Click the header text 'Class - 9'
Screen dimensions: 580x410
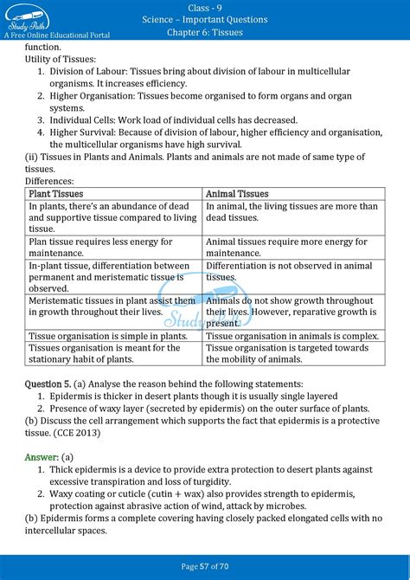click(x=204, y=7)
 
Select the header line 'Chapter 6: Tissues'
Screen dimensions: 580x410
click(x=204, y=32)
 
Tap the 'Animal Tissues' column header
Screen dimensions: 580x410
click(x=237, y=194)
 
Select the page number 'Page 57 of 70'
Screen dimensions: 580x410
click(x=204, y=566)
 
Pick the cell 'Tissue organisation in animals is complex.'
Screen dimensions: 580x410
click(x=292, y=335)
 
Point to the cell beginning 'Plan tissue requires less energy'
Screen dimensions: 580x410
click(x=108, y=247)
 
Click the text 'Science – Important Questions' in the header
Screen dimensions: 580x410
click(x=204, y=19)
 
